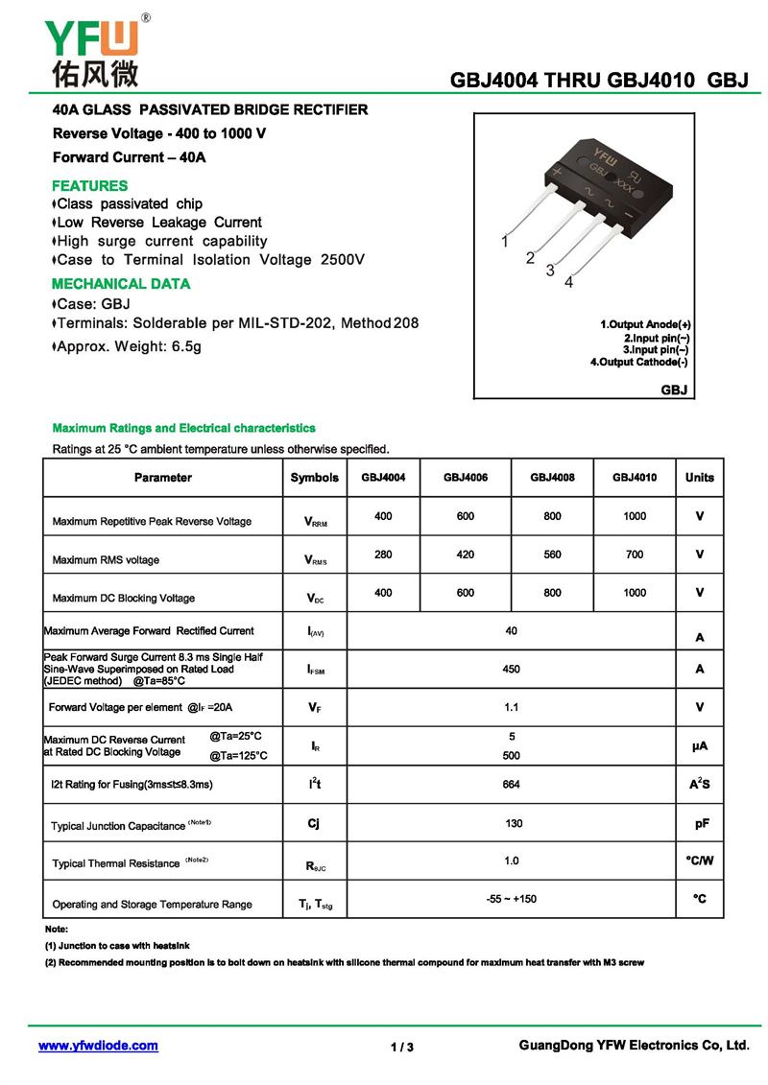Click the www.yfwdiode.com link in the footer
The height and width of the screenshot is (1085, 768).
click(98, 1046)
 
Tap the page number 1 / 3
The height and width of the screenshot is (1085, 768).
click(402, 1047)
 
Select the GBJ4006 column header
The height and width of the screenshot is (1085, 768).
click(466, 478)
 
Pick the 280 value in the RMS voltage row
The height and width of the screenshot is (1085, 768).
click(383, 554)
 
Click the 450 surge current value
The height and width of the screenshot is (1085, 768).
click(511, 670)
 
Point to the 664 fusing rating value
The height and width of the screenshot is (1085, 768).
click(511, 785)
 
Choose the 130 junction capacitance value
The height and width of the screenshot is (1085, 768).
click(514, 823)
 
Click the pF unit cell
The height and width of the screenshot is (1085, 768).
click(701, 823)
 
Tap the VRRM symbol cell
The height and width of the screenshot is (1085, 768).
click(315, 522)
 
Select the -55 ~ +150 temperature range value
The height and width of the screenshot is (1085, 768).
click(511, 899)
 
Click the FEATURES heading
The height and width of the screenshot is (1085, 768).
click(89, 186)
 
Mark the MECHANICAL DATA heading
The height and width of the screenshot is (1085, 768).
click(121, 284)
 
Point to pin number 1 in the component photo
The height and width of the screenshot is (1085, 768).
click(505, 243)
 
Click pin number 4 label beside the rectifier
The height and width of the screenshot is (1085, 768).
click(569, 282)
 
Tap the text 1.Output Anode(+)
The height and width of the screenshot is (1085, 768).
click(645, 324)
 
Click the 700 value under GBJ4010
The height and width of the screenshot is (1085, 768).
click(635, 554)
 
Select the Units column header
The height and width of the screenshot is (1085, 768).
click(700, 478)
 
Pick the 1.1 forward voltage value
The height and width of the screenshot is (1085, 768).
click(511, 707)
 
